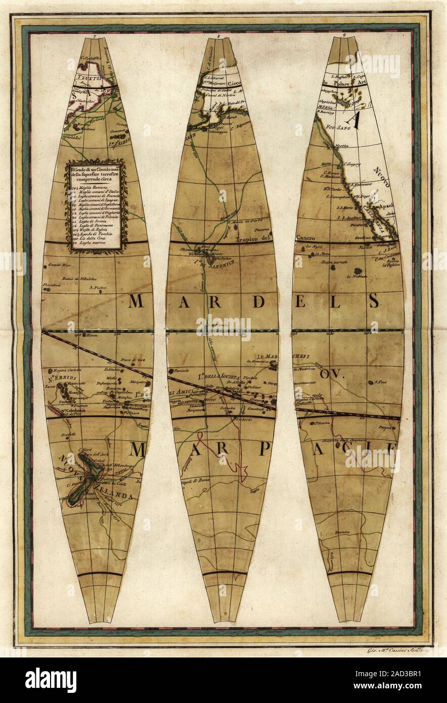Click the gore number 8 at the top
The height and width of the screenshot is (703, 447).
click(x=218, y=36)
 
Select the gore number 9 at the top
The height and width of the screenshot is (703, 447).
click(x=344, y=35)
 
